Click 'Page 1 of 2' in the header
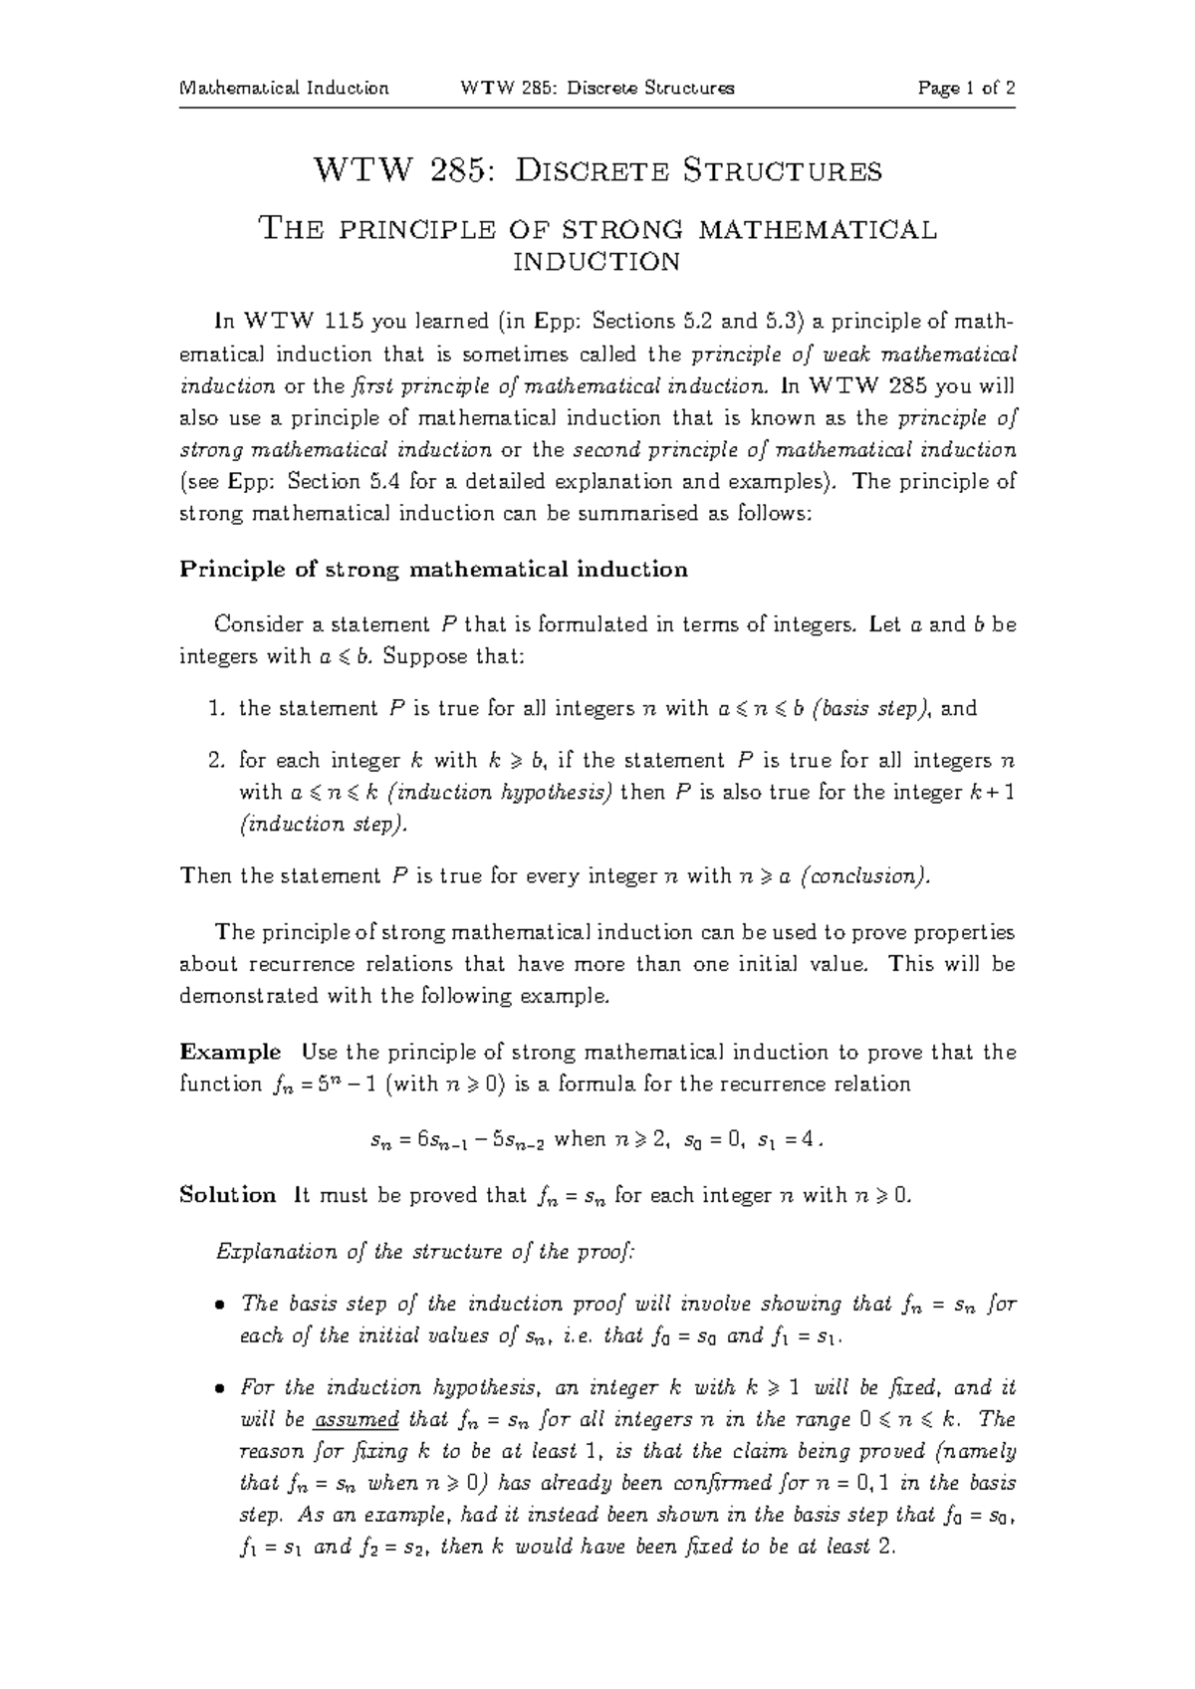(x=966, y=88)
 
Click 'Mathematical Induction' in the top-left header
(x=284, y=88)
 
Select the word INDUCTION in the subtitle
(x=596, y=262)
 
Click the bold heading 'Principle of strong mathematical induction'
(x=433, y=570)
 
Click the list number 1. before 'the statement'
(x=217, y=709)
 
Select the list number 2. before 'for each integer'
(x=217, y=761)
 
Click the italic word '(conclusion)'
(x=867, y=876)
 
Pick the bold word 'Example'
(x=230, y=1053)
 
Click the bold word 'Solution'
(x=227, y=1195)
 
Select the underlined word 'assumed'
(x=356, y=1419)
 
